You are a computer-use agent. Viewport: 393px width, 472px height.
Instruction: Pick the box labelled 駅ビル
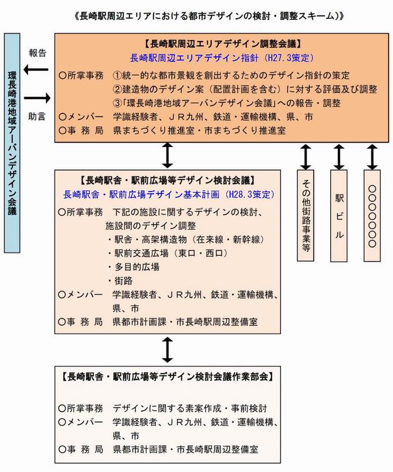point(340,216)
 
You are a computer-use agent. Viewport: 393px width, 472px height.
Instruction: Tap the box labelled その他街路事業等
point(306,216)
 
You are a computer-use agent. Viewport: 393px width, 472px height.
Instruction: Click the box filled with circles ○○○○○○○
point(372,216)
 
